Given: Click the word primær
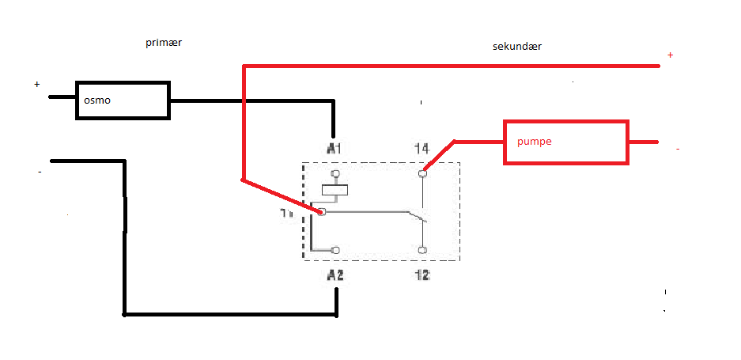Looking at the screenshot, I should pyautogui.click(x=164, y=43).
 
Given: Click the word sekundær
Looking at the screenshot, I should pyautogui.click(x=517, y=47).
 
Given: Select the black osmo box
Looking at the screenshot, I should pyautogui.click(x=123, y=100).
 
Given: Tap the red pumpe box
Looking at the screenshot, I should pyautogui.click(x=566, y=142).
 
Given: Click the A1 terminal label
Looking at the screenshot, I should pyautogui.click(x=334, y=148).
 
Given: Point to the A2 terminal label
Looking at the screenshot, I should pyautogui.click(x=335, y=275).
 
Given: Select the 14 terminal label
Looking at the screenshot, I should pyautogui.click(x=422, y=148).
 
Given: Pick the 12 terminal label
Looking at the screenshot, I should pyautogui.click(x=422, y=275).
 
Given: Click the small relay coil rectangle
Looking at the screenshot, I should pyautogui.click(x=336, y=190).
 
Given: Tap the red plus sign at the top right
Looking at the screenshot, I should pyautogui.click(x=671, y=55).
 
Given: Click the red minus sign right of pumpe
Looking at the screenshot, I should pyautogui.click(x=678, y=149).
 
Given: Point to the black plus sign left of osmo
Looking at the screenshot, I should pyautogui.click(x=36, y=84).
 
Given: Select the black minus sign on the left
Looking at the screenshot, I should pyautogui.click(x=40, y=172).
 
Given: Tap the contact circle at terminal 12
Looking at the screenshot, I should pyautogui.click(x=422, y=250).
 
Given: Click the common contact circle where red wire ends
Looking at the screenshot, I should pyautogui.click(x=322, y=211).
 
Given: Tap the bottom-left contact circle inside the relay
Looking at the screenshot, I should pyautogui.click(x=336, y=250).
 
